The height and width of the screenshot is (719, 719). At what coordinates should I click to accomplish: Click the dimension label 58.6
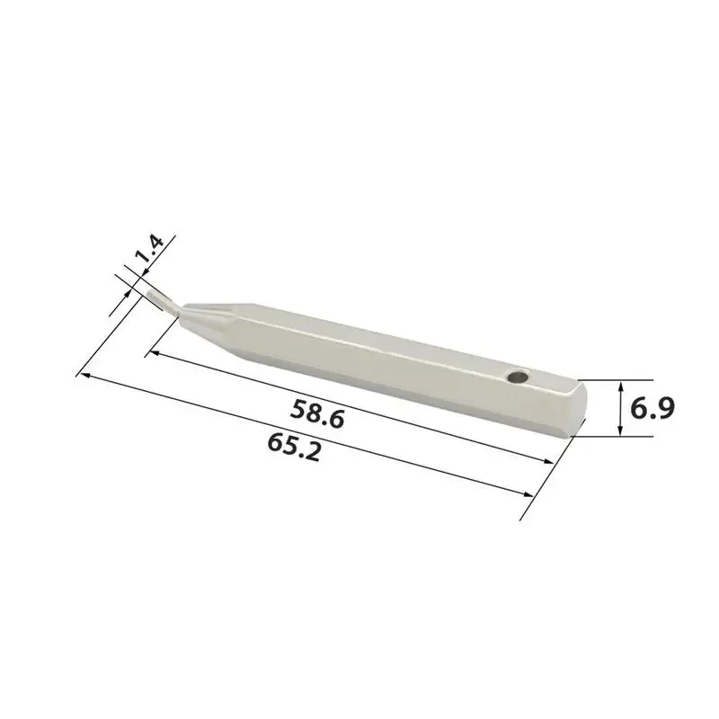[x=317, y=413]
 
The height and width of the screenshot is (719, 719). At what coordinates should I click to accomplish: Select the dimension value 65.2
[x=294, y=448]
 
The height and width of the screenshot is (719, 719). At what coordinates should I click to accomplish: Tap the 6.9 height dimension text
[x=652, y=409]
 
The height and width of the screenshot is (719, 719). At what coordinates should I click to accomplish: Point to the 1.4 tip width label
[x=150, y=249]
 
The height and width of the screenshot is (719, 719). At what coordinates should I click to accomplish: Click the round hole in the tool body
[x=519, y=377]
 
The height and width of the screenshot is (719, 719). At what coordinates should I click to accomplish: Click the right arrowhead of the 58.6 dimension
[x=548, y=461]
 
